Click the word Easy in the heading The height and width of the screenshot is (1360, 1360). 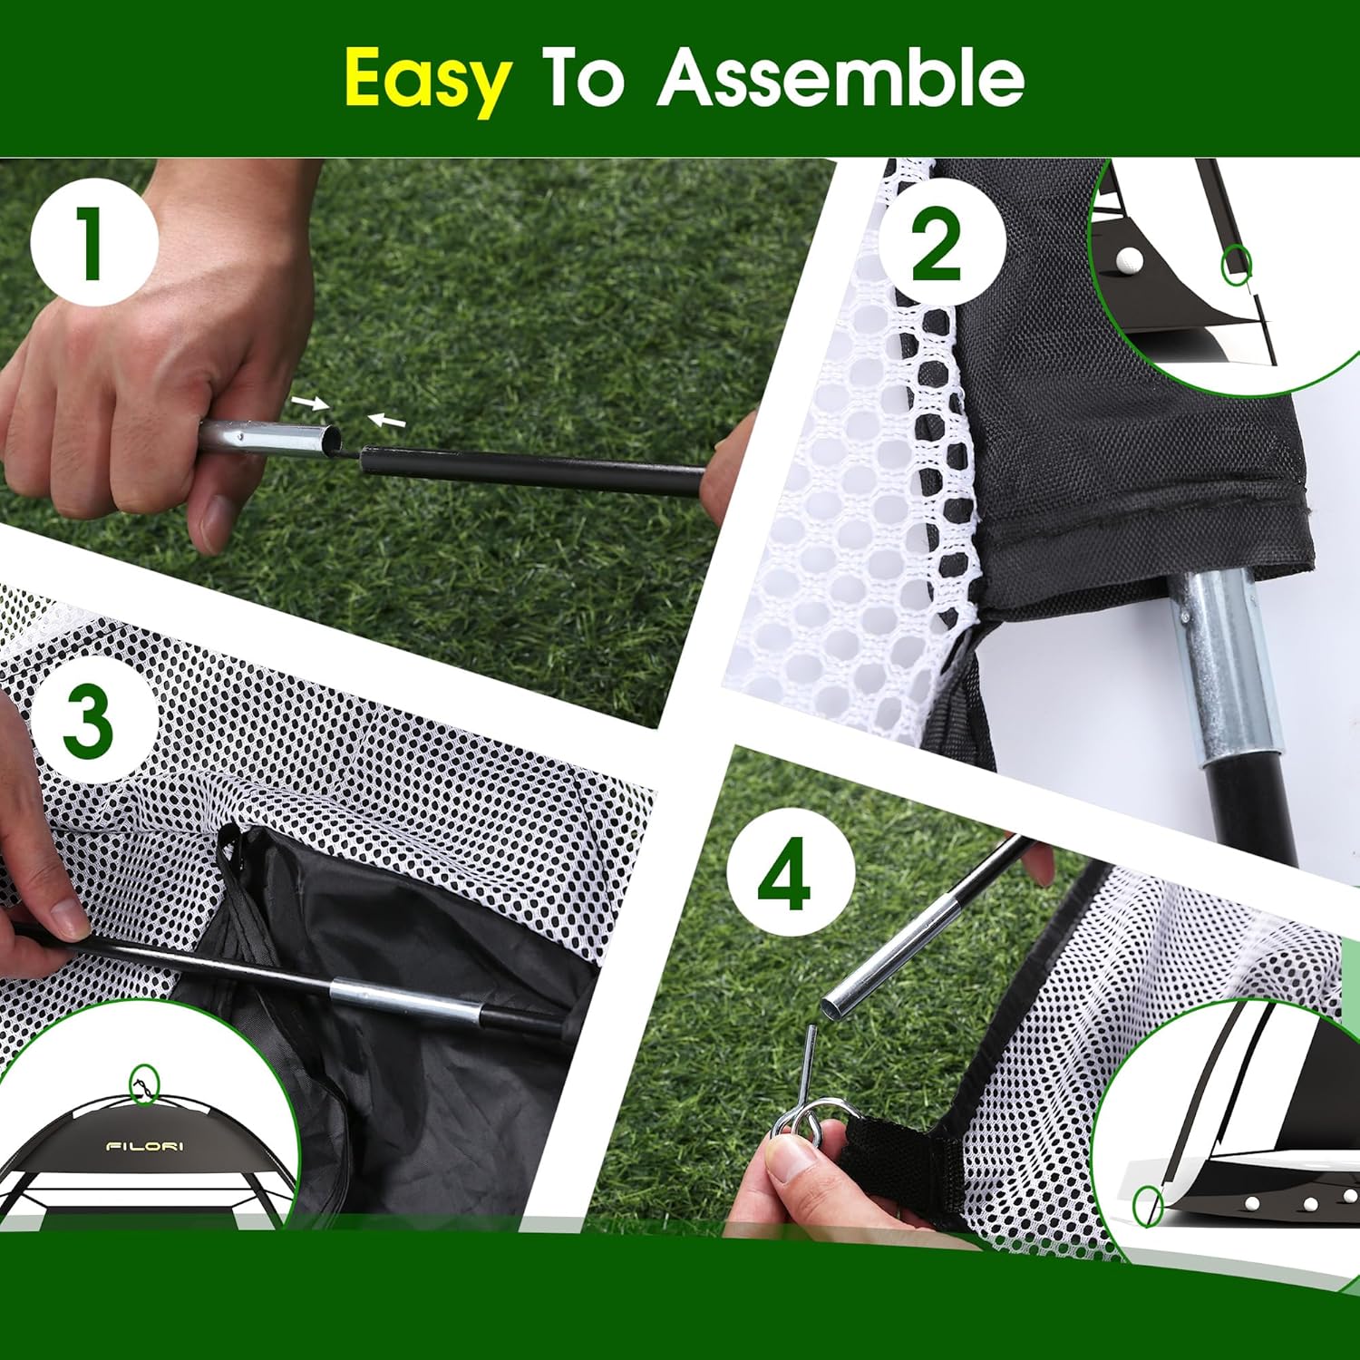(427, 80)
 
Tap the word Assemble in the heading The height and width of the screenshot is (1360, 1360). (840, 78)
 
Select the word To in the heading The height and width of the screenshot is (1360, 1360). (583, 78)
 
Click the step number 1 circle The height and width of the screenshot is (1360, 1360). (93, 242)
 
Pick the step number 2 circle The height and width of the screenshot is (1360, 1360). (940, 243)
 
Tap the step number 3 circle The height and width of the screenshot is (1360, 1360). (89, 723)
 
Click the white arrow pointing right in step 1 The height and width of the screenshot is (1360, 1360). (310, 403)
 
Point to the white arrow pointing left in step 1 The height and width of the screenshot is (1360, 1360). (386, 420)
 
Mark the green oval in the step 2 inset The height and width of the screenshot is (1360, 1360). (1237, 264)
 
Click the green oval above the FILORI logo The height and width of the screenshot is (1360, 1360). (144, 1083)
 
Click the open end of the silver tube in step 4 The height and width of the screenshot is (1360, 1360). (831, 1003)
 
